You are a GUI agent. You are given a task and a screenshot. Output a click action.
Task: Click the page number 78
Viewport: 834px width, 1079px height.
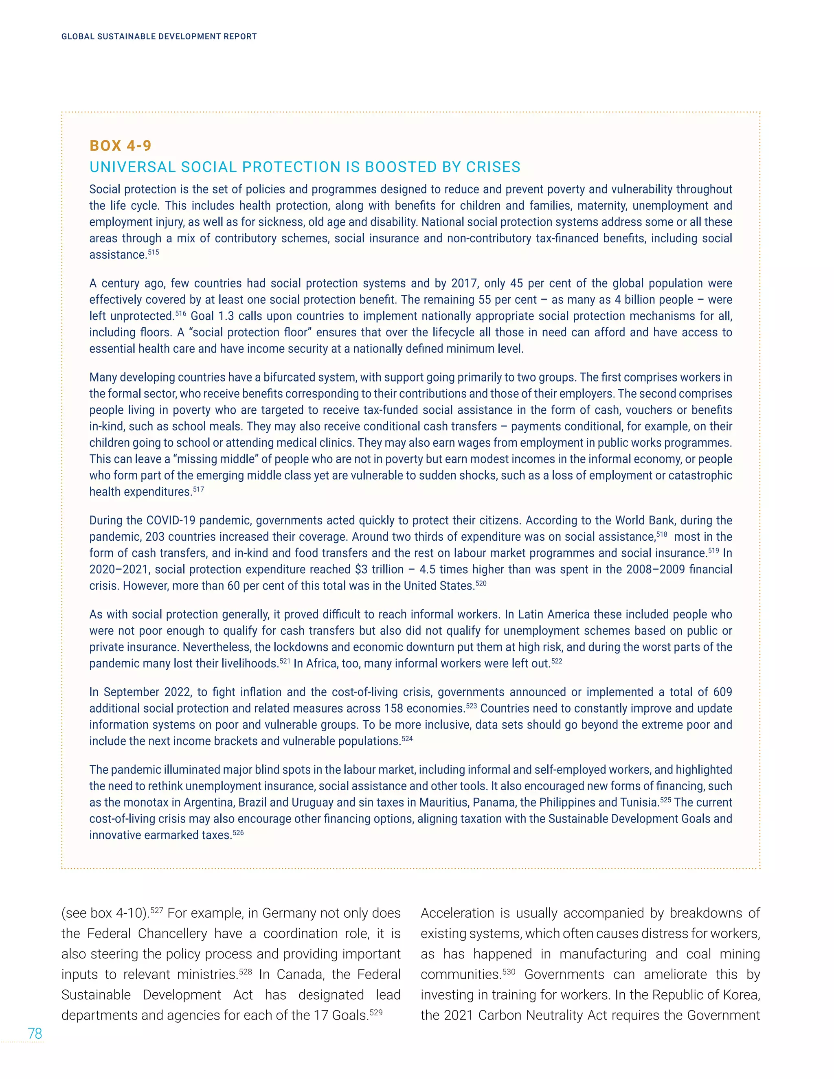tap(35, 1033)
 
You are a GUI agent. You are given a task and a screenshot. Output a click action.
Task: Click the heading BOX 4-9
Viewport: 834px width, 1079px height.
tap(120, 146)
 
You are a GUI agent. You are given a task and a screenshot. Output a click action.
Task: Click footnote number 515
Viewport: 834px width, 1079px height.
tap(153, 252)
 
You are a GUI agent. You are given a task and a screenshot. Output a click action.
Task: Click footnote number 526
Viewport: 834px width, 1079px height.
tap(238, 833)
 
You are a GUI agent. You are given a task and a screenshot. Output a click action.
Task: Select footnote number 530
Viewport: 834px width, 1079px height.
tap(509, 972)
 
